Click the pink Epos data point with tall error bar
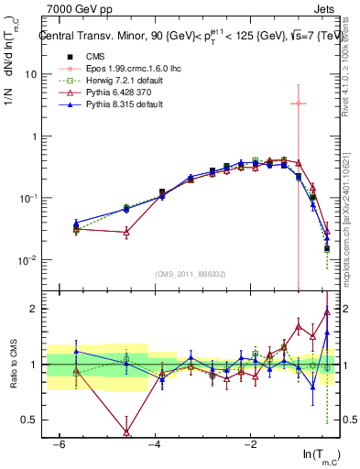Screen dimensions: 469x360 tap(299, 104)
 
